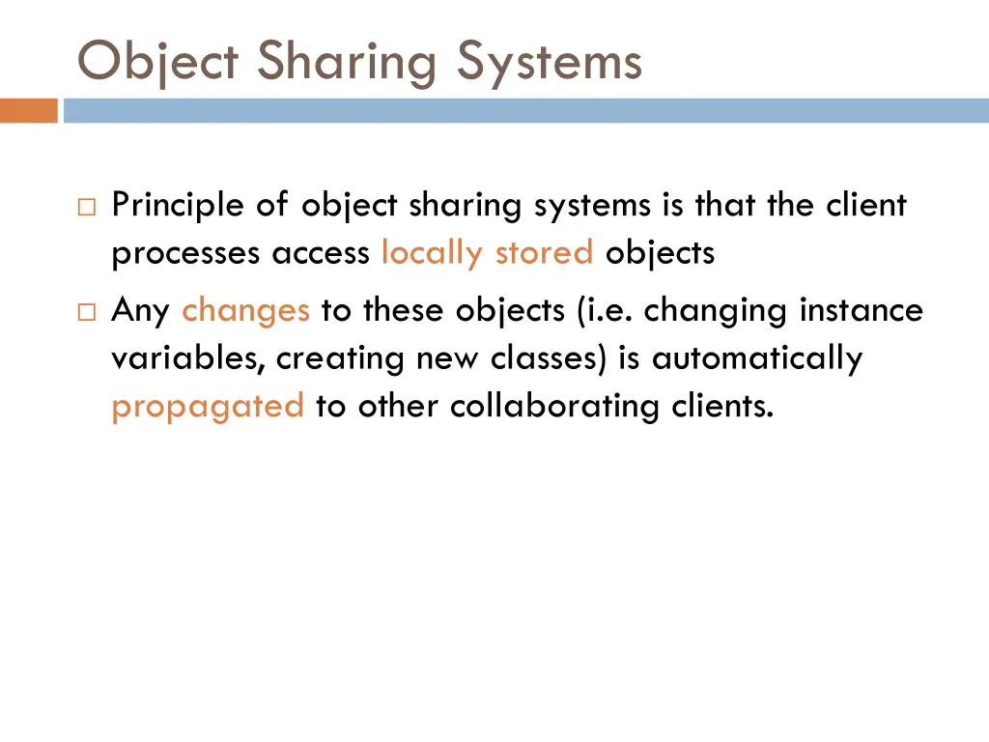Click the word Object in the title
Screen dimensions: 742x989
[x=157, y=62]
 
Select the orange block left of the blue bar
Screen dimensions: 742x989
[x=29, y=111]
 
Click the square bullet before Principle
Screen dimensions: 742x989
[x=87, y=206]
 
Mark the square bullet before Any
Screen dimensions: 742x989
[x=87, y=311]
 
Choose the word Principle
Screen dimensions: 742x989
[x=179, y=206]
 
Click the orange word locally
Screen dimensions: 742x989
[x=432, y=253]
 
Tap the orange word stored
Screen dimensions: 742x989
[x=544, y=253]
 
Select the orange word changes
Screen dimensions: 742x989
[x=245, y=311]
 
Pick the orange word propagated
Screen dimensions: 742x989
[x=208, y=407]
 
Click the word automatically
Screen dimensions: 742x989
[x=756, y=358]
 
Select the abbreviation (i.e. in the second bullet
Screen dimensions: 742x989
[x=606, y=311]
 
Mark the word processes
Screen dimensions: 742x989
[x=185, y=253]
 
